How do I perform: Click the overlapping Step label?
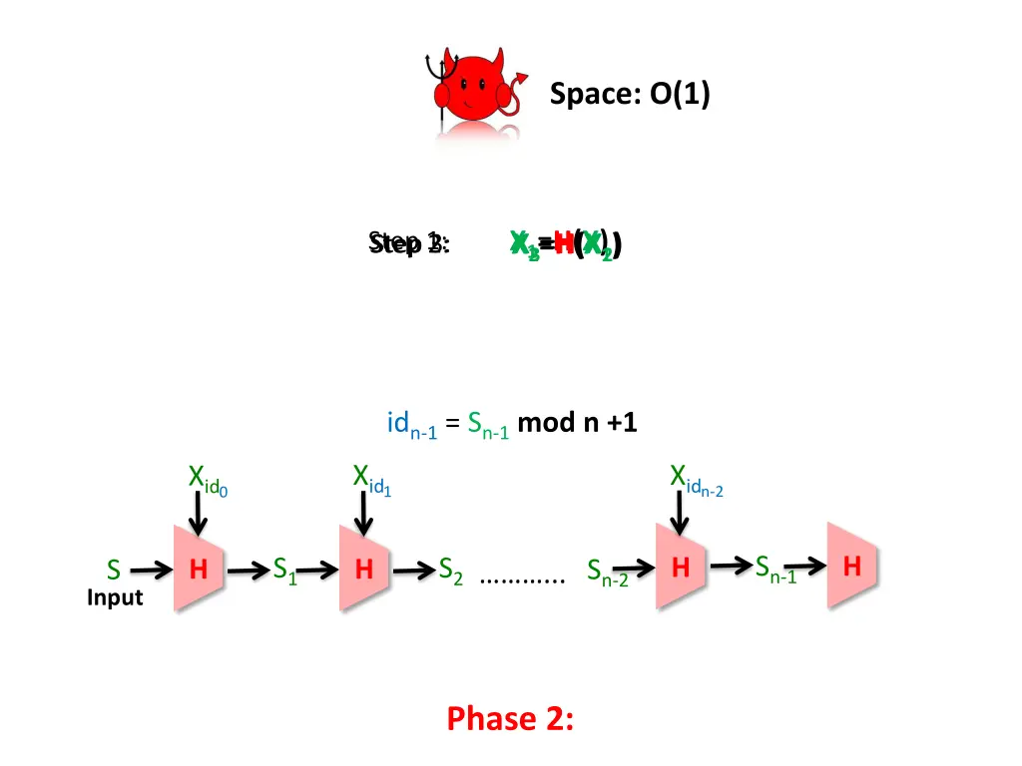pos(409,243)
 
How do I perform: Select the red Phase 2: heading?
pos(510,717)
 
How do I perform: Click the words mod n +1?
pos(577,423)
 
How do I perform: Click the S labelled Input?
pos(114,571)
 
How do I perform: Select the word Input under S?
pos(115,597)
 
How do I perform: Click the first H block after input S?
pos(200,570)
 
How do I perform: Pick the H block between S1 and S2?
pos(364,570)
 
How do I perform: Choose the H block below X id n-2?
pos(681,568)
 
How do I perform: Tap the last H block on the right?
pos(851,566)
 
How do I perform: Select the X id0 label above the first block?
pos(209,480)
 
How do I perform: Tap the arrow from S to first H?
pos(151,571)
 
